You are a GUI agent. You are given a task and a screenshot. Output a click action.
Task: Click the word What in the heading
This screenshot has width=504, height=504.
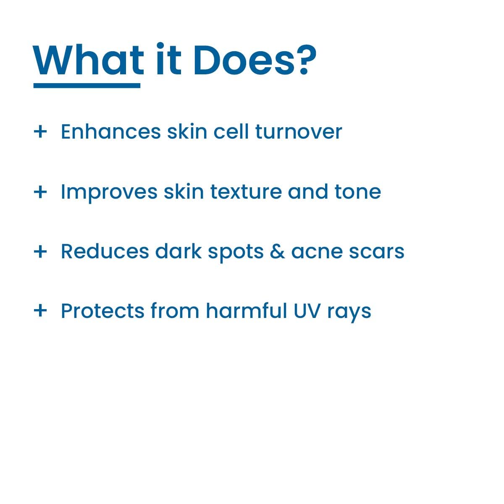88,60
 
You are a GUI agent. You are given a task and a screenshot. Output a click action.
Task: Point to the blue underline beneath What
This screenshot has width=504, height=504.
87,86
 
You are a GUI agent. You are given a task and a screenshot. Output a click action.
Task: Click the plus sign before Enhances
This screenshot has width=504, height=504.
40,131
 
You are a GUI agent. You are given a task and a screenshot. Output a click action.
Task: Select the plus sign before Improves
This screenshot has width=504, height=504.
40,192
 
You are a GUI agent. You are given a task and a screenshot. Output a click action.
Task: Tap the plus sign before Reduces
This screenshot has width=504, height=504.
40,252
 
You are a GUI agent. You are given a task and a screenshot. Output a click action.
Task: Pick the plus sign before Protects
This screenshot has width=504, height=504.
40,311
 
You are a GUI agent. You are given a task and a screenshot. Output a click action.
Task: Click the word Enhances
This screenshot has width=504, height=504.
111,131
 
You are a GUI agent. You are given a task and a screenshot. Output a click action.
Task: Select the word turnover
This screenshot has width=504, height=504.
299,132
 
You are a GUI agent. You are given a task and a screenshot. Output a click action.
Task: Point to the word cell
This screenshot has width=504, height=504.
231,131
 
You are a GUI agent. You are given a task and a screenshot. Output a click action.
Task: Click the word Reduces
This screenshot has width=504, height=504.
105,252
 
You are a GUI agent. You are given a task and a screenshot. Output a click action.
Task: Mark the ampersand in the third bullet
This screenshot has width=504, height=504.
277,252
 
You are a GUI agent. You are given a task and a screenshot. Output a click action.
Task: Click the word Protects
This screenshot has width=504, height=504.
102,311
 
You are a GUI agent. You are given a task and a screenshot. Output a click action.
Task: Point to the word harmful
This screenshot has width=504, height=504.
247,310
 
